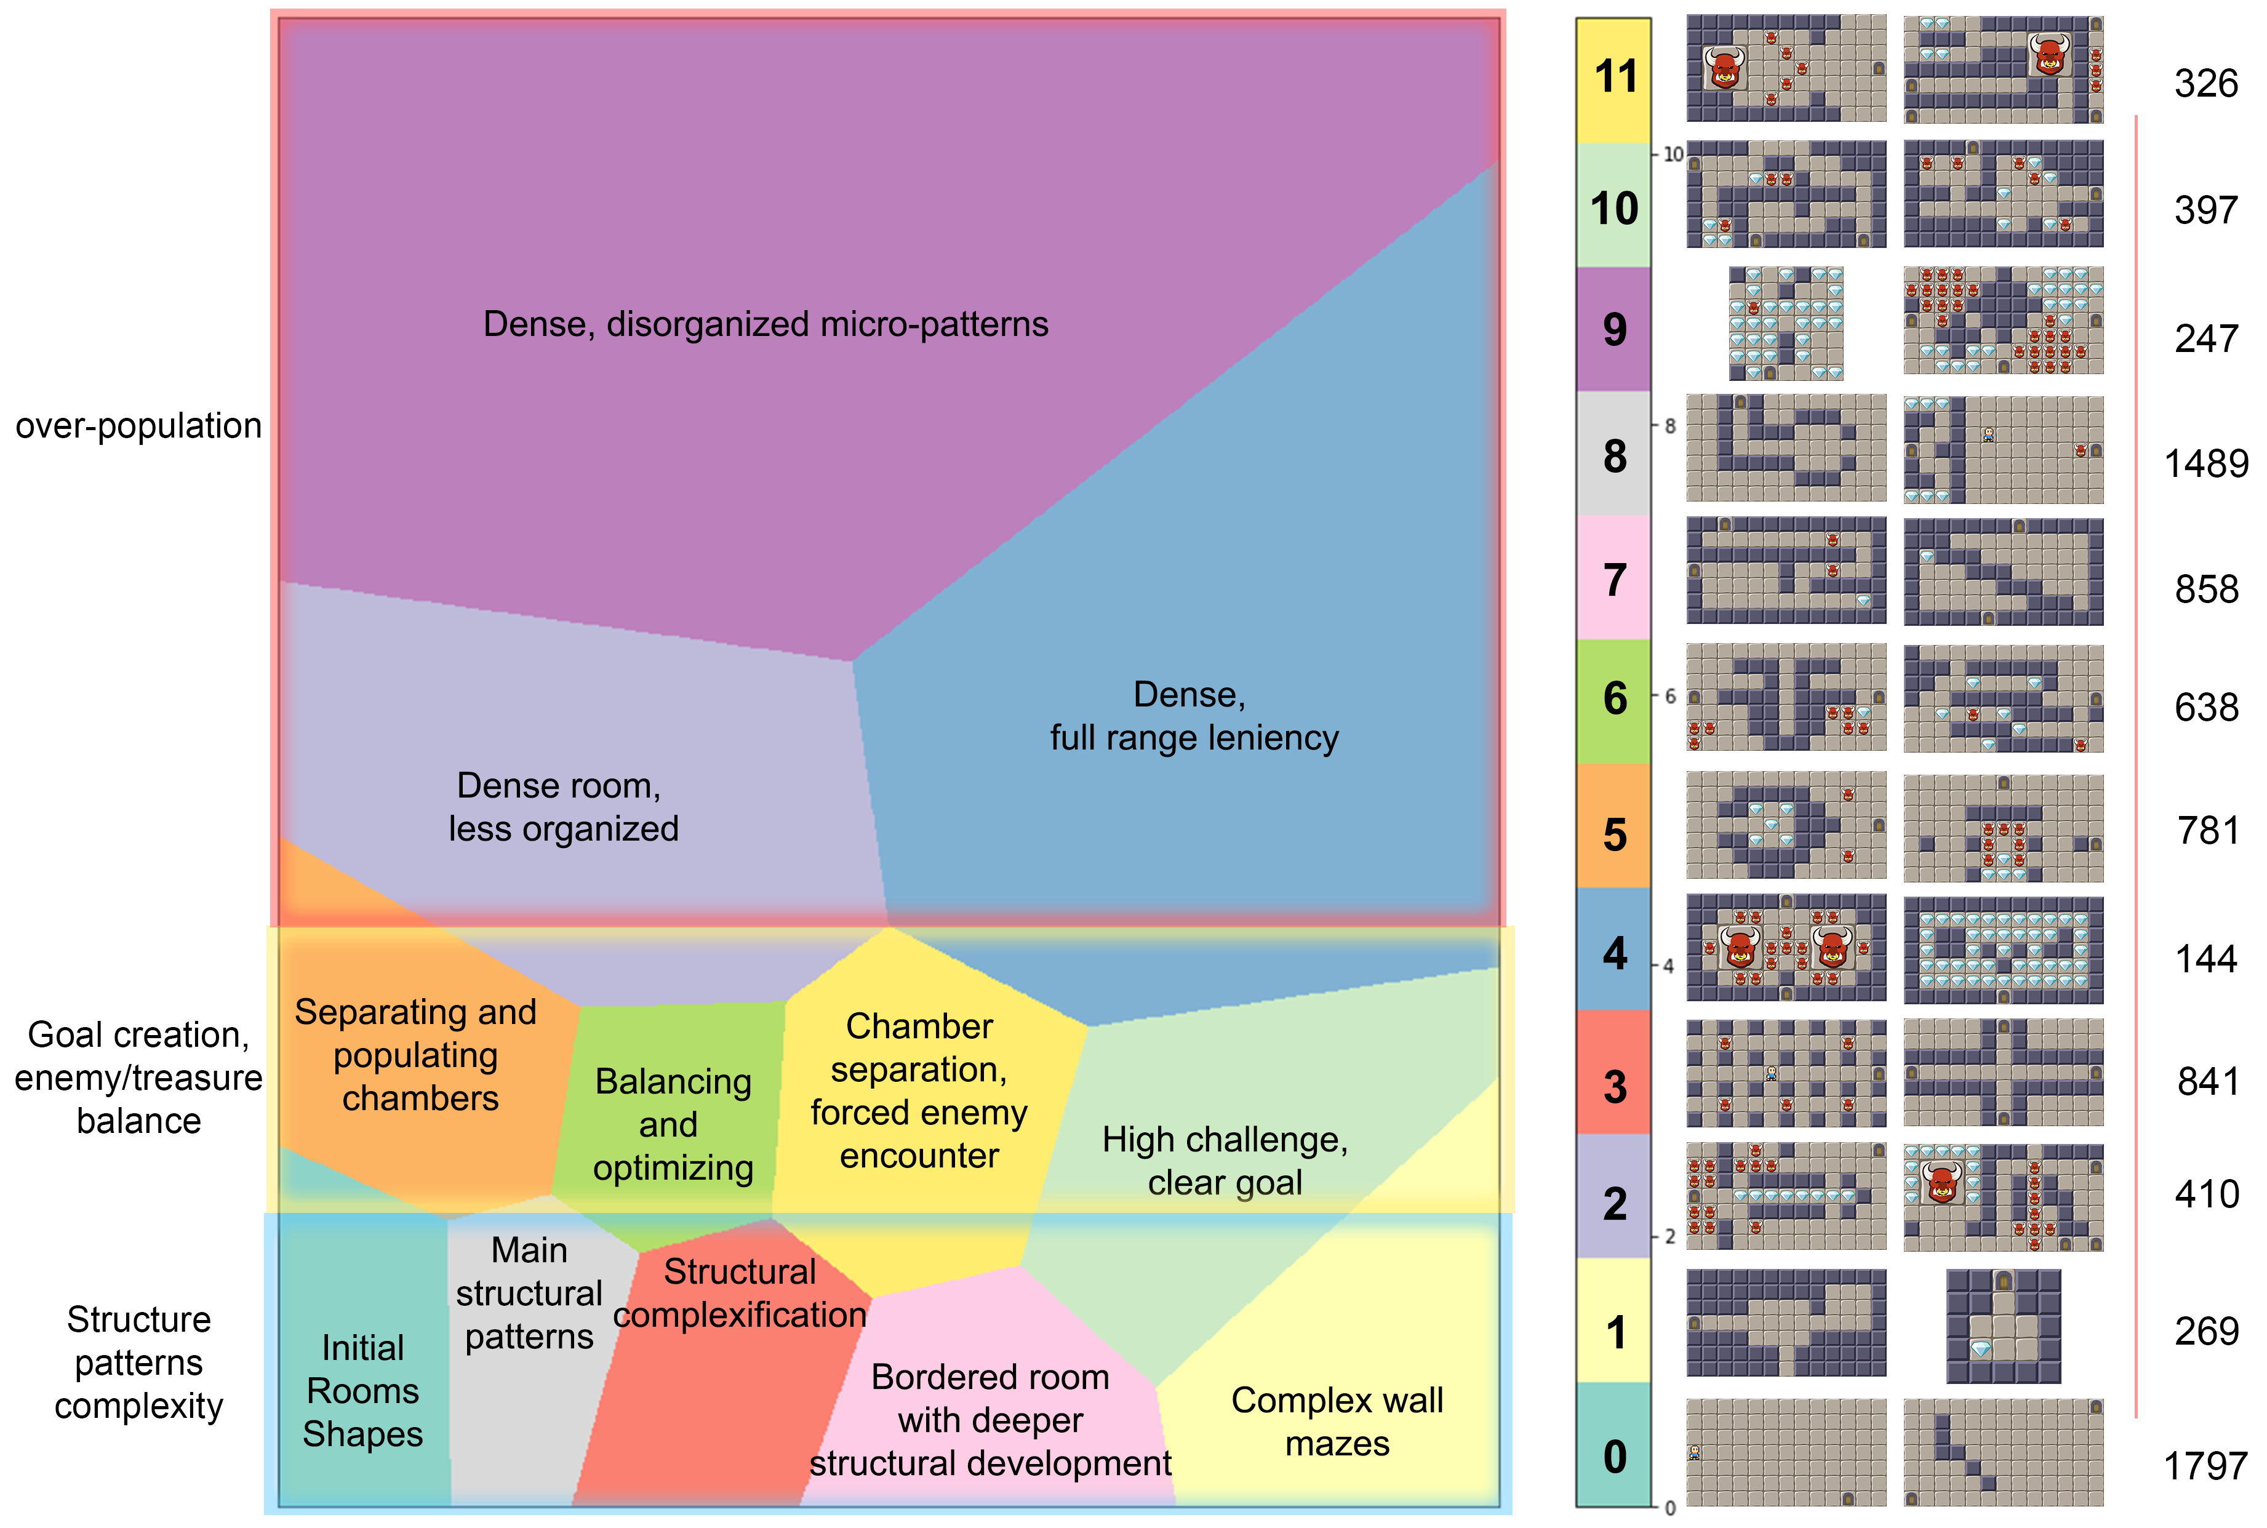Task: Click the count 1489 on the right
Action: (x=2205, y=464)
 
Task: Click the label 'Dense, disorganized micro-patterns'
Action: (x=766, y=324)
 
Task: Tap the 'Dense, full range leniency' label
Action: (x=1193, y=716)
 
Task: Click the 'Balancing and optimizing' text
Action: (x=672, y=1124)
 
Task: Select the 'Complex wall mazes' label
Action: (x=1337, y=1422)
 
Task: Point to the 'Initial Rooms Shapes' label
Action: (x=362, y=1391)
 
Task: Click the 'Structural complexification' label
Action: (x=740, y=1293)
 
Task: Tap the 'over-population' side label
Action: (x=138, y=426)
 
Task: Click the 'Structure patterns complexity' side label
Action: (x=138, y=1362)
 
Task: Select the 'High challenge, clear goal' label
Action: (x=1225, y=1161)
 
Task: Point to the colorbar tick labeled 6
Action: (x=1670, y=697)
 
